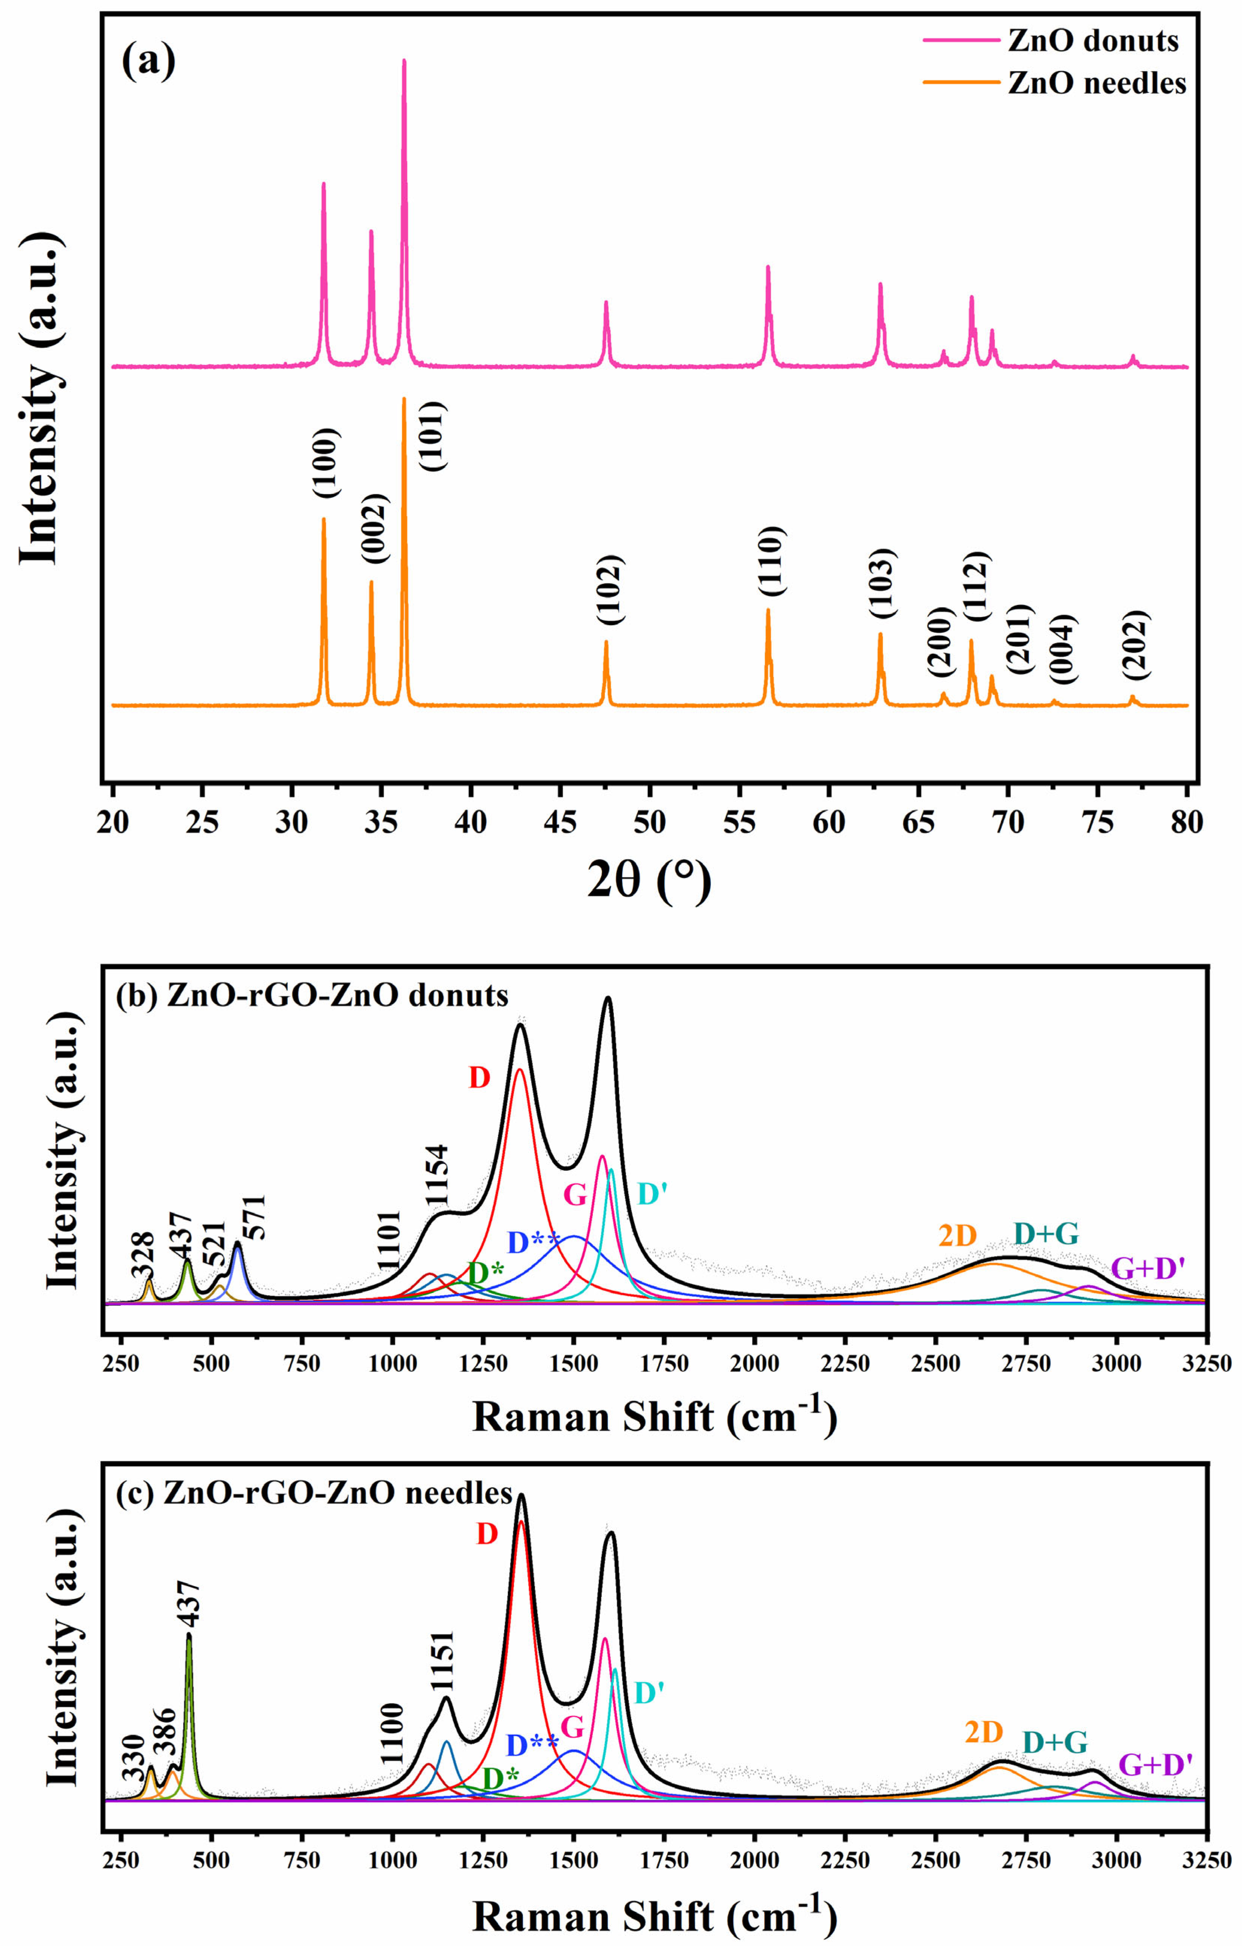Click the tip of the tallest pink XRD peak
[404, 61]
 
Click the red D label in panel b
[479, 1077]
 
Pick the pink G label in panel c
[572, 1728]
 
